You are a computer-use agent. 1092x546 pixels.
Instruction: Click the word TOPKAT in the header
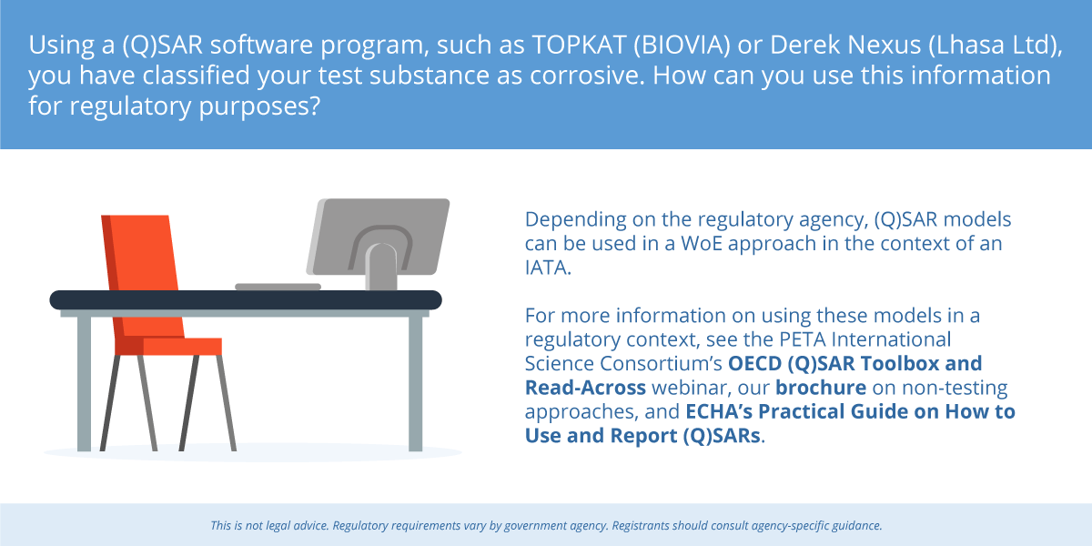click(x=579, y=45)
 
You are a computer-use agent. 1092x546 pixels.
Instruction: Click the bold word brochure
click(x=821, y=388)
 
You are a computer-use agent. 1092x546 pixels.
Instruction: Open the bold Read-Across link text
click(x=585, y=388)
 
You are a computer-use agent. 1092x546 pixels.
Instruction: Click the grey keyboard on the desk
click(x=278, y=288)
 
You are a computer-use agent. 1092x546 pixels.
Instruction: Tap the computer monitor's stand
click(x=381, y=267)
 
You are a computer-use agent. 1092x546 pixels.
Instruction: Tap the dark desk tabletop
click(x=246, y=300)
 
